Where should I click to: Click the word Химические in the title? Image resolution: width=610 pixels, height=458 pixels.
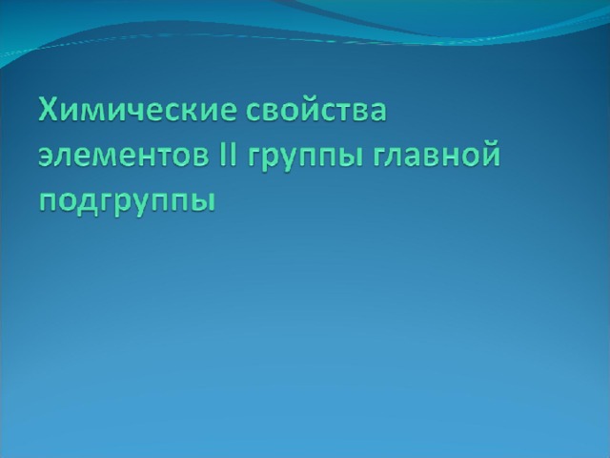137,110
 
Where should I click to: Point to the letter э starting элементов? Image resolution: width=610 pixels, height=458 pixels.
47,156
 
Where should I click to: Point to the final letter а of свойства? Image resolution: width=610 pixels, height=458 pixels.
378,112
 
